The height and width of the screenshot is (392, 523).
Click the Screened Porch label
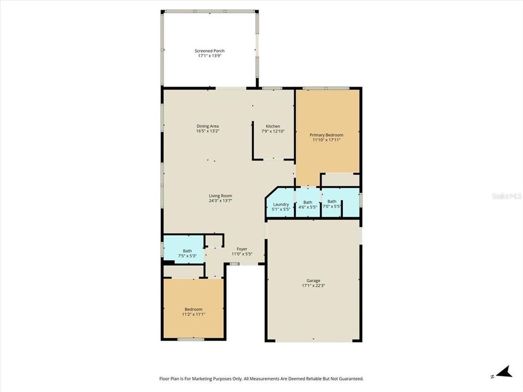[x=210, y=51]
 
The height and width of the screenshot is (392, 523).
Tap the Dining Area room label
[x=208, y=126]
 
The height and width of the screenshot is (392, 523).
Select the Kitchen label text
[x=272, y=126]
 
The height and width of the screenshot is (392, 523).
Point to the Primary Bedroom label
[x=326, y=135]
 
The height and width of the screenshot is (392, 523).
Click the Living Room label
[x=221, y=196]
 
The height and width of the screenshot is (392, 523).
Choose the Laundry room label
[x=281, y=204]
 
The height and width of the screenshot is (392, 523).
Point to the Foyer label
[x=242, y=249]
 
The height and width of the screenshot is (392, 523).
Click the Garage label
[x=313, y=280]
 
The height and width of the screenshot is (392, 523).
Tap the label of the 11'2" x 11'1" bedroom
[x=193, y=309]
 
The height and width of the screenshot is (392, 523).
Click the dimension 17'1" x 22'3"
[x=313, y=285]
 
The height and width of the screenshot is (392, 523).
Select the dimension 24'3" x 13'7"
[x=221, y=200]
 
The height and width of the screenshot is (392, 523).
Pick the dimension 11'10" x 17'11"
[x=326, y=140]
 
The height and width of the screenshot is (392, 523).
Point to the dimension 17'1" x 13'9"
[x=210, y=56]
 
